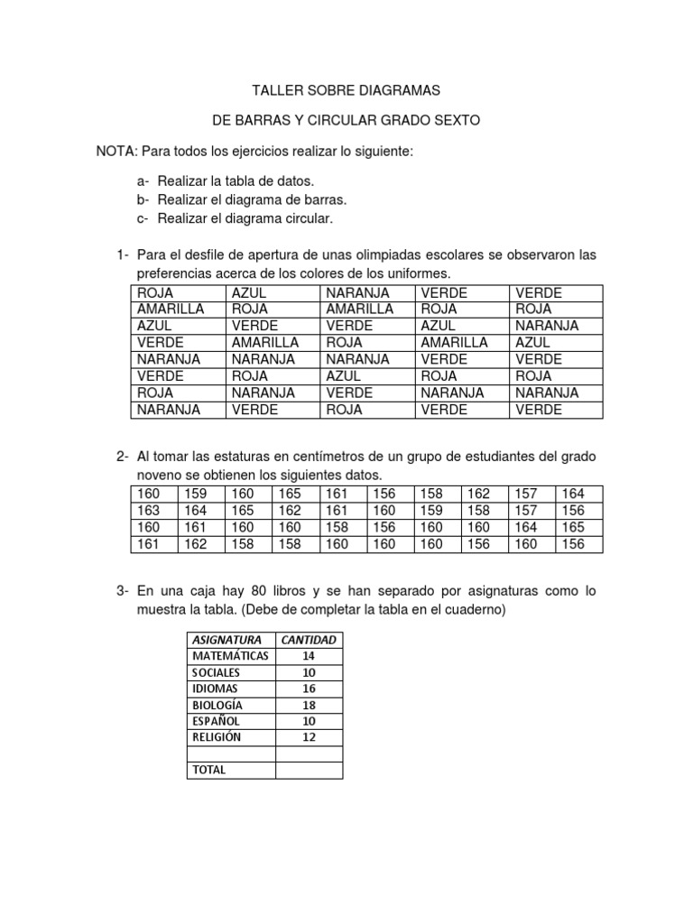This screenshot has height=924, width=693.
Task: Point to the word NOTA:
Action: [117, 150]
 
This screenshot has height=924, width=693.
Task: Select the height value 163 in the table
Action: [147, 511]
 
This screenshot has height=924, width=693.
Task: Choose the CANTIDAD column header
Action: [309, 640]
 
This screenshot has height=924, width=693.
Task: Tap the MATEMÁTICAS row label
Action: [229, 656]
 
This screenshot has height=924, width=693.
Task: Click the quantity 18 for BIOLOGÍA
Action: [309, 705]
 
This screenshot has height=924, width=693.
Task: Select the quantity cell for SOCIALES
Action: [309, 672]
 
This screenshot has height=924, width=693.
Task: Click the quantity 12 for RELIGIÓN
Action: [309, 737]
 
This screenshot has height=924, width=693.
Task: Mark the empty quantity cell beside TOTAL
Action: [309, 771]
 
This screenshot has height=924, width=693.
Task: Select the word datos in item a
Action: [276, 181]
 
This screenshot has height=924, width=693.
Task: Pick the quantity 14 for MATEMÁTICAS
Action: [309, 656]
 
